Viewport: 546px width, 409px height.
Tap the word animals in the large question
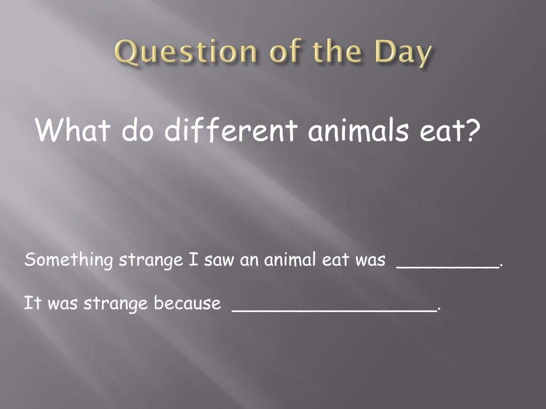click(358, 129)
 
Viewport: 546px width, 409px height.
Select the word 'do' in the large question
click(138, 129)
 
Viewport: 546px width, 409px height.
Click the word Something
click(69, 260)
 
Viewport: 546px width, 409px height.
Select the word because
click(187, 303)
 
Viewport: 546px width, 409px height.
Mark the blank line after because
click(334, 310)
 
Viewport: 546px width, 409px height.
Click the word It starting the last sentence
click(32, 302)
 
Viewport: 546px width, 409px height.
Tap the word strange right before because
click(115, 304)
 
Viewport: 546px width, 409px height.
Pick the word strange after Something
click(151, 260)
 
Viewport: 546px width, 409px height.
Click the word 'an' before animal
click(249, 261)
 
